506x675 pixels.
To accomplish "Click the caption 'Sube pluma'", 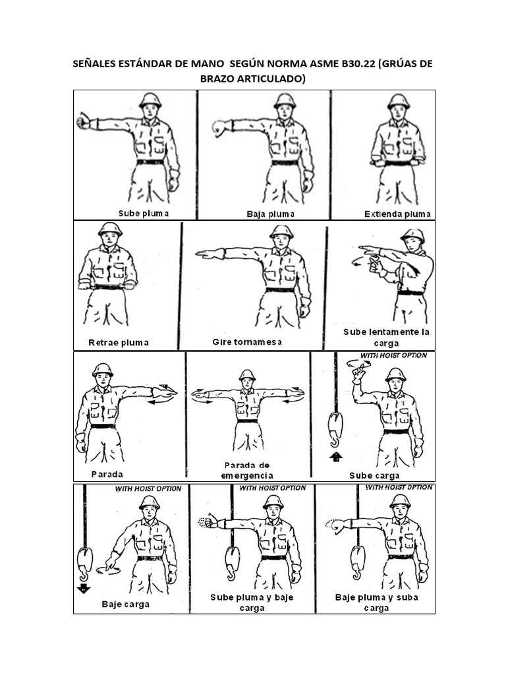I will [x=144, y=213].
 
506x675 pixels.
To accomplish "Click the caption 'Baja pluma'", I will [x=271, y=214].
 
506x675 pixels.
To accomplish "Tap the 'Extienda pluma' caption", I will [x=397, y=214].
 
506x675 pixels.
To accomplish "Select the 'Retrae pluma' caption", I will [x=119, y=342].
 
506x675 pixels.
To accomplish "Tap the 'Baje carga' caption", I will [x=125, y=603].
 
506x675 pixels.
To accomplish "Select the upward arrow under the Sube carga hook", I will [x=335, y=455].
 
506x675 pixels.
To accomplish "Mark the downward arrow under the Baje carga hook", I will [x=84, y=589].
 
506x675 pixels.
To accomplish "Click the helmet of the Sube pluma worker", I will [x=150, y=100].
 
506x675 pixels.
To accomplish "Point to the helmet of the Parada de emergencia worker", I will [x=247, y=374].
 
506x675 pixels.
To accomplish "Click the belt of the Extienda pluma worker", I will [x=397, y=163].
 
